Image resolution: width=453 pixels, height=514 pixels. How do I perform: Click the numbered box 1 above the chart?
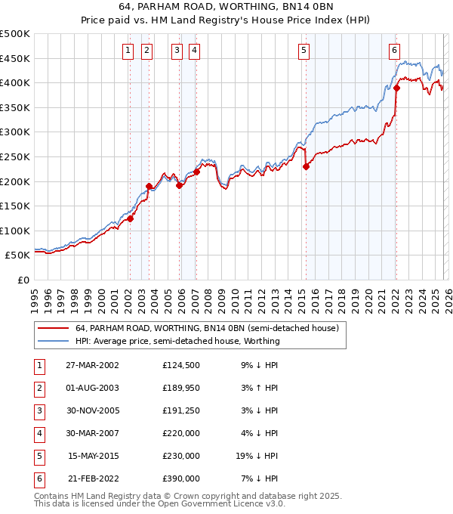(128, 51)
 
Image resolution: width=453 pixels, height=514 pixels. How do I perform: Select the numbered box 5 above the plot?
(304, 51)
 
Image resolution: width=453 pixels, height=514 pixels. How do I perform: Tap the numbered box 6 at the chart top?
(394, 51)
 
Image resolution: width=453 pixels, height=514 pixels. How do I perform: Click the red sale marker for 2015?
(306, 167)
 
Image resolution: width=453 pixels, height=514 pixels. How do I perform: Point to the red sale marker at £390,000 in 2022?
(396, 88)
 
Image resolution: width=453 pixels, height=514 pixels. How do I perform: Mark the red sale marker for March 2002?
(130, 219)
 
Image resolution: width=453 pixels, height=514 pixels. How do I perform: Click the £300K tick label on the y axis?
(15, 132)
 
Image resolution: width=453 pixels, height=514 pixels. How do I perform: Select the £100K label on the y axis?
(15, 231)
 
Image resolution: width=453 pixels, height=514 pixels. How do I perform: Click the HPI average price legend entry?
(177, 341)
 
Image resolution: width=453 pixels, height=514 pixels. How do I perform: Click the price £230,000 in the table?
(181, 457)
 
